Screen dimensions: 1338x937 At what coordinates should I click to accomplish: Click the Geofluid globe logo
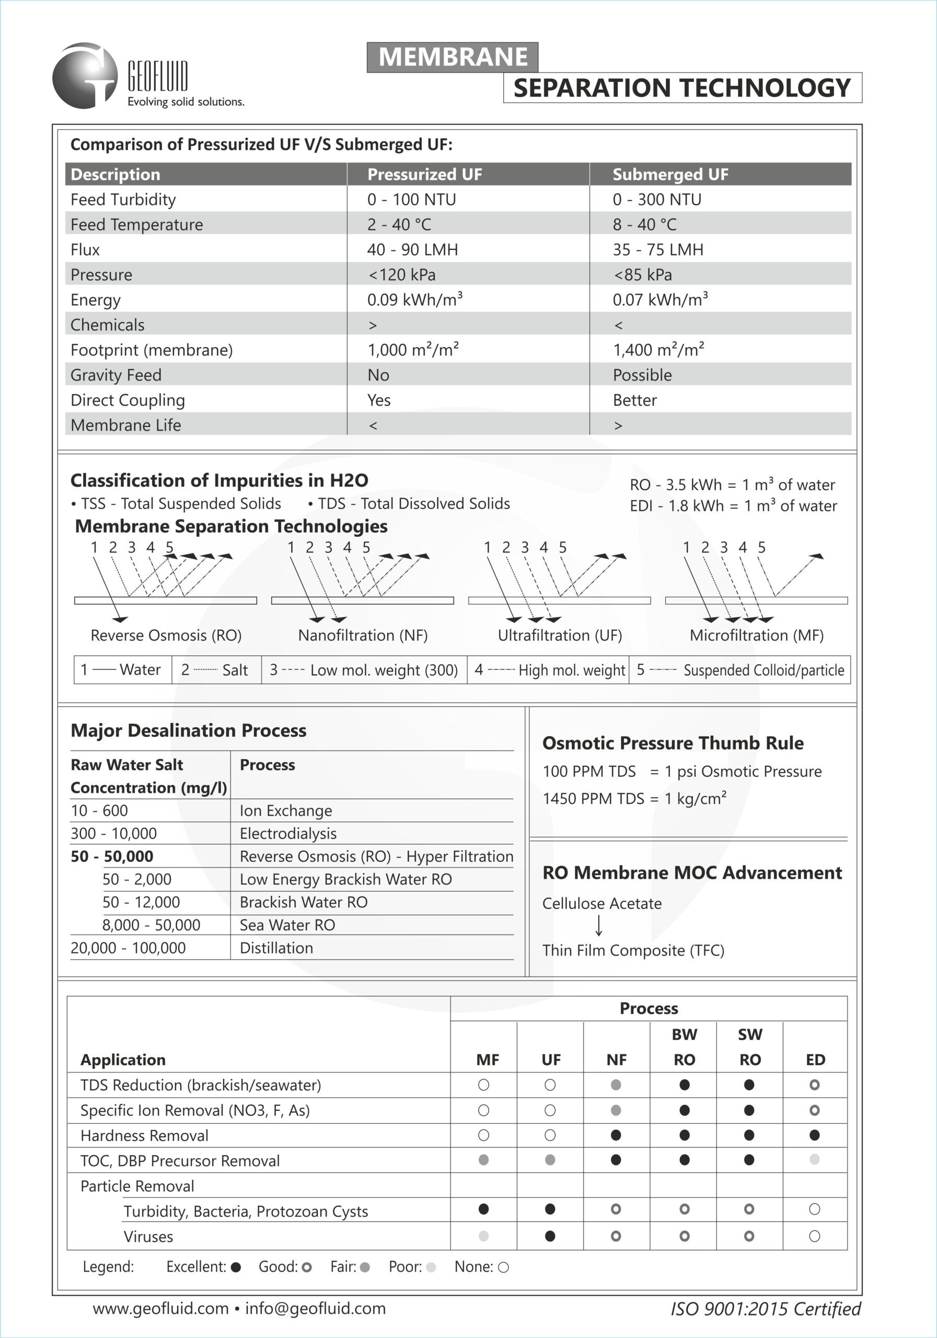[x=85, y=76]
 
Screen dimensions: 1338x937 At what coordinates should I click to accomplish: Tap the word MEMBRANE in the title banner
[x=453, y=57]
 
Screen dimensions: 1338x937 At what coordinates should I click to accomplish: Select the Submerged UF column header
[x=670, y=174]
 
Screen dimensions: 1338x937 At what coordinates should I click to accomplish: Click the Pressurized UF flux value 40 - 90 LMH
[x=412, y=249]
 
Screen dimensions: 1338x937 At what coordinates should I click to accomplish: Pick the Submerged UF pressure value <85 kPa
[x=643, y=274]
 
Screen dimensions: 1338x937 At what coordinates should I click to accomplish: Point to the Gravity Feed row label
[x=116, y=375]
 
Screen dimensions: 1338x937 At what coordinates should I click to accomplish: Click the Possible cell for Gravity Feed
[x=642, y=375]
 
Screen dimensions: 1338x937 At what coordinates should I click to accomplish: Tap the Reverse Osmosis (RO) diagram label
[x=166, y=635]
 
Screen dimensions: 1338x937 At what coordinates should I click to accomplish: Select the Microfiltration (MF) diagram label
[x=756, y=635]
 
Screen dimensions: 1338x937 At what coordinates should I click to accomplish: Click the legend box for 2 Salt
[x=216, y=670]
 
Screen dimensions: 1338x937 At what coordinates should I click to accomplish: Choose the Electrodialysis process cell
[x=288, y=833]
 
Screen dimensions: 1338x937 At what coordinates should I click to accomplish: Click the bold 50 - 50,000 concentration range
[x=112, y=856]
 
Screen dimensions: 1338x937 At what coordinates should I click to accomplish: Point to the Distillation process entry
[x=276, y=948]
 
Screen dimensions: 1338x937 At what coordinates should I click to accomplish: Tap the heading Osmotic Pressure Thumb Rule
[x=673, y=743]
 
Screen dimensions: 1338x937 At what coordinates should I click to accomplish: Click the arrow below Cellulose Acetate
[x=598, y=926]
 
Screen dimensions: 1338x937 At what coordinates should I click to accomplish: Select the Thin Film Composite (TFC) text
[x=633, y=951]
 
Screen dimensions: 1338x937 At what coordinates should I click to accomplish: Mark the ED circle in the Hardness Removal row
[x=815, y=1135]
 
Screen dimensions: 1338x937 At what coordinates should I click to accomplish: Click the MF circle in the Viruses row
[x=483, y=1236]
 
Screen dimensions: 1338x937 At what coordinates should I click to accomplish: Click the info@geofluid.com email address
[x=315, y=1309]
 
